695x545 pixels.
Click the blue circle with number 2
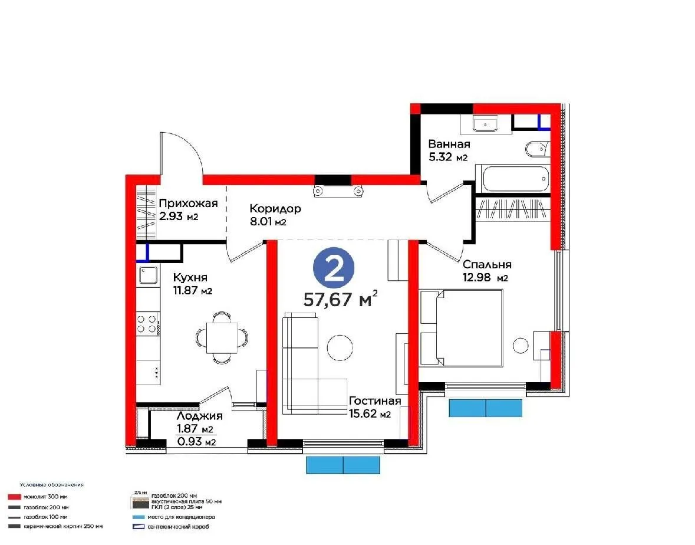click(334, 269)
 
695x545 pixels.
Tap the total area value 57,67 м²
click(340, 300)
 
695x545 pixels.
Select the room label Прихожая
click(188, 203)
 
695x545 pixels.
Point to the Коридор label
click(275, 209)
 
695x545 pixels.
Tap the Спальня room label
click(486, 265)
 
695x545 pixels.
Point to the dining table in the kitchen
click(222, 337)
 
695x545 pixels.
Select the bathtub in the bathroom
click(512, 178)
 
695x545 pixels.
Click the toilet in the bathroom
click(536, 150)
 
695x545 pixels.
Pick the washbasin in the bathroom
click(486, 124)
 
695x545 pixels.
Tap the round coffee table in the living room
click(340, 347)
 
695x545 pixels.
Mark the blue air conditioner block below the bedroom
click(485, 408)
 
